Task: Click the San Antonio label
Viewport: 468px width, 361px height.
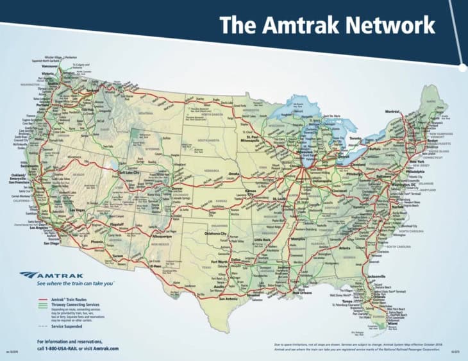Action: click(232, 298)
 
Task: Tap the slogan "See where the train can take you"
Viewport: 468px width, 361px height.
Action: click(76, 282)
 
